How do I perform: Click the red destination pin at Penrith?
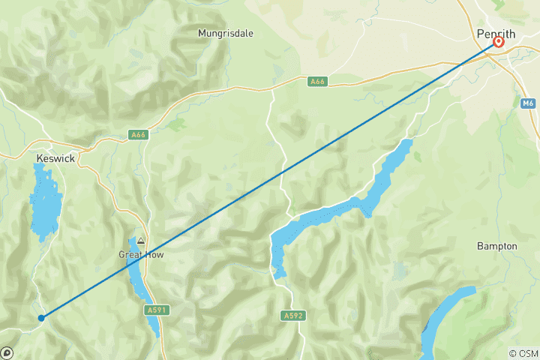tap(498, 42)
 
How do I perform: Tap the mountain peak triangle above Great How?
tap(140, 241)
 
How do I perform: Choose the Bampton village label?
tap(497, 246)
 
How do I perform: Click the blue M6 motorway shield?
tap(528, 103)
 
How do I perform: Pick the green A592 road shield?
tap(293, 316)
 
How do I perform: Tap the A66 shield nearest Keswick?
tap(116, 135)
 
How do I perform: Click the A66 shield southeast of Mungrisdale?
tap(316, 80)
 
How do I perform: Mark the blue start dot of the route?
tap(41, 318)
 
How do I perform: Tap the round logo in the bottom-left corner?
tap(7, 352)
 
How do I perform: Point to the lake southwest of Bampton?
tap(446, 315)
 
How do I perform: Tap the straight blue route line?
tap(270, 180)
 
